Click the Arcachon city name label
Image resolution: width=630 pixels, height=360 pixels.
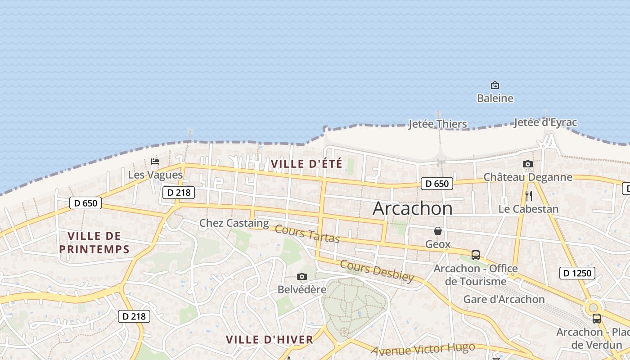pyautogui.click(x=413, y=208)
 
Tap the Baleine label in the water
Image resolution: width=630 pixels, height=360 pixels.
pyautogui.click(x=495, y=98)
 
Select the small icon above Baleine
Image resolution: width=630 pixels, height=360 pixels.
pyautogui.click(x=495, y=85)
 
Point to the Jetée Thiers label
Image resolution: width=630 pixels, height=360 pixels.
pyautogui.click(x=437, y=124)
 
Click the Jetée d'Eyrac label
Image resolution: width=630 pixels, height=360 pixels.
pyautogui.click(x=545, y=122)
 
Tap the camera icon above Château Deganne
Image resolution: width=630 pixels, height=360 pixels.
pyautogui.click(x=528, y=164)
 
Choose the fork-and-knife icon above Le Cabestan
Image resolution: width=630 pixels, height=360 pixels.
pyautogui.click(x=529, y=196)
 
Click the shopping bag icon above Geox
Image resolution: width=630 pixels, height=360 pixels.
pyautogui.click(x=438, y=231)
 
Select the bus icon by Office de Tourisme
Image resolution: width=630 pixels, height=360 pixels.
pyautogui.click(x=476, y=255)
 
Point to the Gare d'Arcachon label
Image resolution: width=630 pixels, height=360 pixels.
pyautogui.click(x=504, y=299)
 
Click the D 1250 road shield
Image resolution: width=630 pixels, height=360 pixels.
pyautogui.click(x=577, y=273)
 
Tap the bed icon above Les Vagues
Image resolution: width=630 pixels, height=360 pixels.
pyautogui.click(x=155, y=162)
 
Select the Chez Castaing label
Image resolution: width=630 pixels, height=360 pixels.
pyautogui.click(x=234, y=223)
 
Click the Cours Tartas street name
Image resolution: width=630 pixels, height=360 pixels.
pyautogui.click(x=307, y=234)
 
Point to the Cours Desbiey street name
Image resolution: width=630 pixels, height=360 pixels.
pyautogui.click(x=377, y=270)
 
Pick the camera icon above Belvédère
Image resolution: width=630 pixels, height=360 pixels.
pyautogui.click(x=302, y=276)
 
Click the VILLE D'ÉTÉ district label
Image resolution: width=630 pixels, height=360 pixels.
pyautogui.click(x=306, y=164)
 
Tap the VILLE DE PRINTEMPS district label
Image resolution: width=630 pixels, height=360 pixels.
pyautogui.click(x=94, y=243)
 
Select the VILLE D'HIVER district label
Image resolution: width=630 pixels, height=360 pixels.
pyautogui.click(x=269, y=339)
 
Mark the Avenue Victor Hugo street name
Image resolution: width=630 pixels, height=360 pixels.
pyautogui.click(x=423, y=349)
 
